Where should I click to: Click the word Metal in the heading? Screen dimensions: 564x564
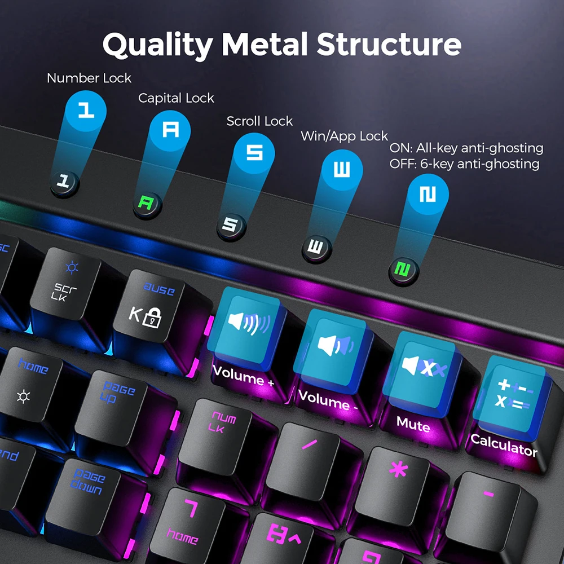265,44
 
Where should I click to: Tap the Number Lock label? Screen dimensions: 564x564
89,78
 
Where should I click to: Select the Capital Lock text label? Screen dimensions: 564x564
176,98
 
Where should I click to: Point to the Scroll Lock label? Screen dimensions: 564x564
259,121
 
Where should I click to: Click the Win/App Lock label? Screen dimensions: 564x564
344,136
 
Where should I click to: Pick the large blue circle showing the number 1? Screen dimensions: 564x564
86,111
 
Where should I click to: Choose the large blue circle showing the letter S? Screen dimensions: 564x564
254,153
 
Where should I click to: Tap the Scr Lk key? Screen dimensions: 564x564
67,288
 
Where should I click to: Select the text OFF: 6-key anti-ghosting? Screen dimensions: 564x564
464,164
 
